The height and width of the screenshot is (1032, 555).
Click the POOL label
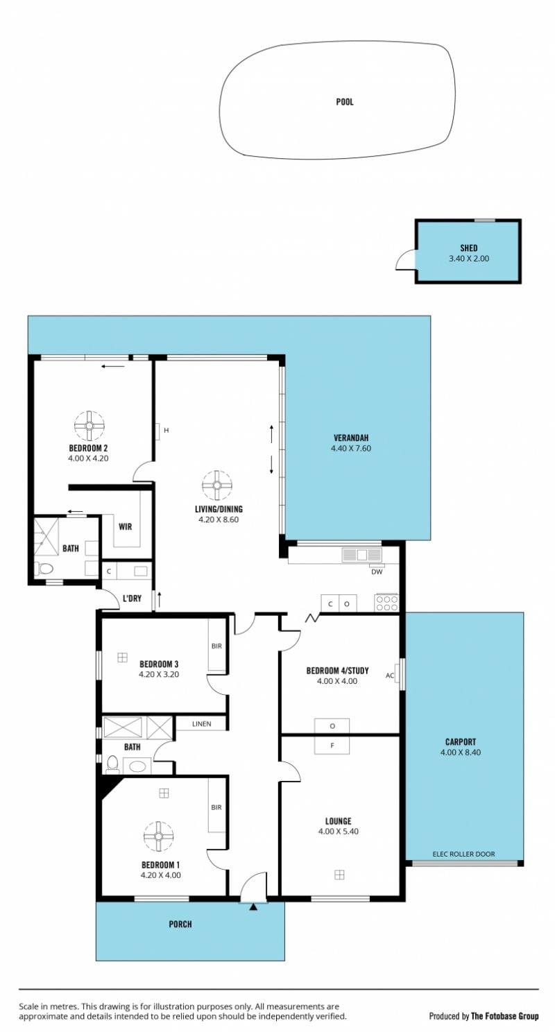344,102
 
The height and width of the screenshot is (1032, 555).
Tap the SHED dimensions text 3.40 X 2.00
469,259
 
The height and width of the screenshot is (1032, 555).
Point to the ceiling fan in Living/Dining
216,485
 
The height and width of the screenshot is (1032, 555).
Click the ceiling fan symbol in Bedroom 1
159,836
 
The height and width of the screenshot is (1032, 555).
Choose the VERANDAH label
351,438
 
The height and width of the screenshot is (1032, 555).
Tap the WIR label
126,526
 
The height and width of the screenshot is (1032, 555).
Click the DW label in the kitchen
377,571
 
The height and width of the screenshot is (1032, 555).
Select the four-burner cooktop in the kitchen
386,603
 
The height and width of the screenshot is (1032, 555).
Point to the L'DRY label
132,599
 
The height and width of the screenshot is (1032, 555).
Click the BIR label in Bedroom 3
216,646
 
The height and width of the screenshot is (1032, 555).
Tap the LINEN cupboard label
201,724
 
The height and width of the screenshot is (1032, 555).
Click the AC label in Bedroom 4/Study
390,676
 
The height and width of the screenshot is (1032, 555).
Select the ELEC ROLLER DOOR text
463,854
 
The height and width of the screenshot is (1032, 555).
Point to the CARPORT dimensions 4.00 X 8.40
461,752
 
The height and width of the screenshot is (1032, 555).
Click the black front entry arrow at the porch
253,907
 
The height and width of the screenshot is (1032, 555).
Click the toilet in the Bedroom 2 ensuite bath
45,569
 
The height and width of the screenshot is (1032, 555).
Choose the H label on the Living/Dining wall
166,430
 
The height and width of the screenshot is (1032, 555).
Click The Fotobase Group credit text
505,1015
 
